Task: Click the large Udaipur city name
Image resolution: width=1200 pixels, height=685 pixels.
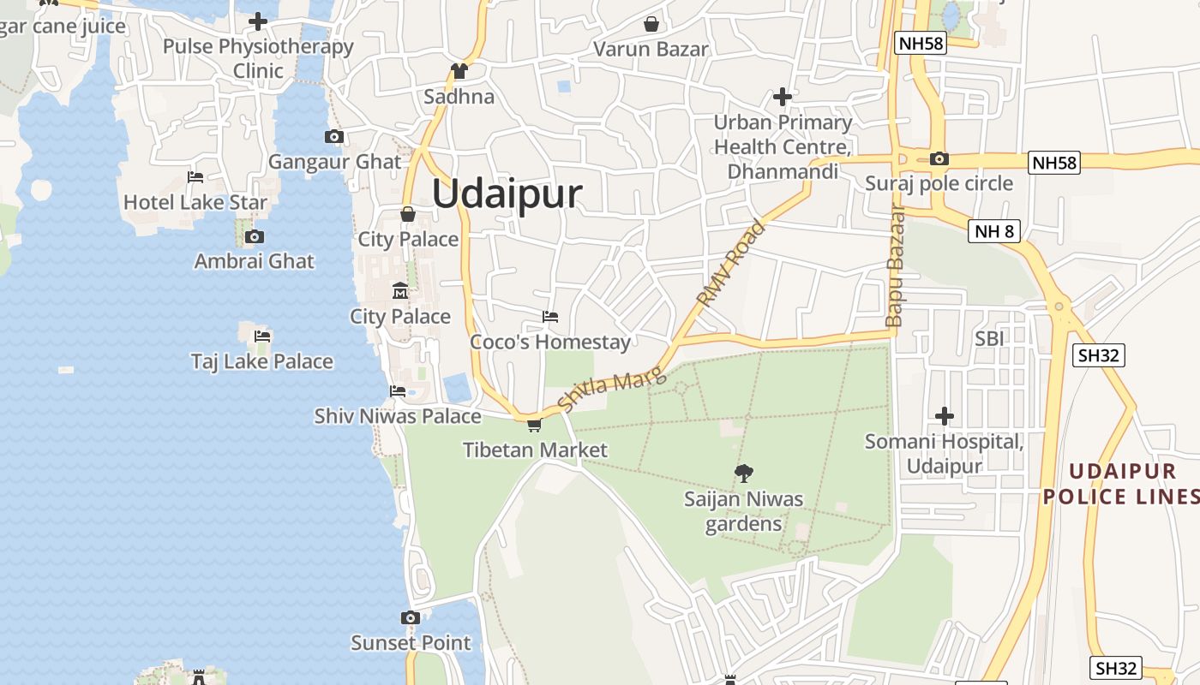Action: (507, 194)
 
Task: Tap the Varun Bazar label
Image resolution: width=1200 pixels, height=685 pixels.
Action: (651, 49)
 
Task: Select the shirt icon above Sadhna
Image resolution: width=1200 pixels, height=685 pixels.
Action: (459, 71)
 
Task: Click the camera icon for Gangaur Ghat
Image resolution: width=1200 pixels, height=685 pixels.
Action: (334, 137)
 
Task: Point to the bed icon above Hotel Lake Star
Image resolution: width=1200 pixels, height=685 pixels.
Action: (195, 178)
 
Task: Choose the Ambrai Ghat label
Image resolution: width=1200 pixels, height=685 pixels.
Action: (255, 261)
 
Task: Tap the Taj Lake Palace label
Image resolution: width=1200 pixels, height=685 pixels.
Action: (261, 361)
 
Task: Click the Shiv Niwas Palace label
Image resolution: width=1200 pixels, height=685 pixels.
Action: (398, 416)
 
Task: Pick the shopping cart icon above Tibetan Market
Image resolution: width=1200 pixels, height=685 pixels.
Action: (534, 425)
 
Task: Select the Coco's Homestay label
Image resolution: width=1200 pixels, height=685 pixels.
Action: (550, 342)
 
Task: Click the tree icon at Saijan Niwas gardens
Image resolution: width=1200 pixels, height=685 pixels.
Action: (744, 473)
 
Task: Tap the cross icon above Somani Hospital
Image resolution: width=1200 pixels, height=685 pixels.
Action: (945, 417)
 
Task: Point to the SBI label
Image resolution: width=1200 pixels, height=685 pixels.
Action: (989, 339)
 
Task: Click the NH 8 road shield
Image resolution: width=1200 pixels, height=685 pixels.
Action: (994, 230)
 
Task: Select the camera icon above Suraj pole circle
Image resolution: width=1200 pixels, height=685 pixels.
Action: (939, 159)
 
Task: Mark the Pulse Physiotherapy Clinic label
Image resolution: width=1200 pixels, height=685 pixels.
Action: (258, 58)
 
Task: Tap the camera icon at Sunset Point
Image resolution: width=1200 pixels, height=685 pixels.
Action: (411, 618)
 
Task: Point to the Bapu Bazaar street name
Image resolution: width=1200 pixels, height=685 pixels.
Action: (895, 266)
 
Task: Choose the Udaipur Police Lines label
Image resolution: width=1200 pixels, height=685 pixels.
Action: (1121, 484)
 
